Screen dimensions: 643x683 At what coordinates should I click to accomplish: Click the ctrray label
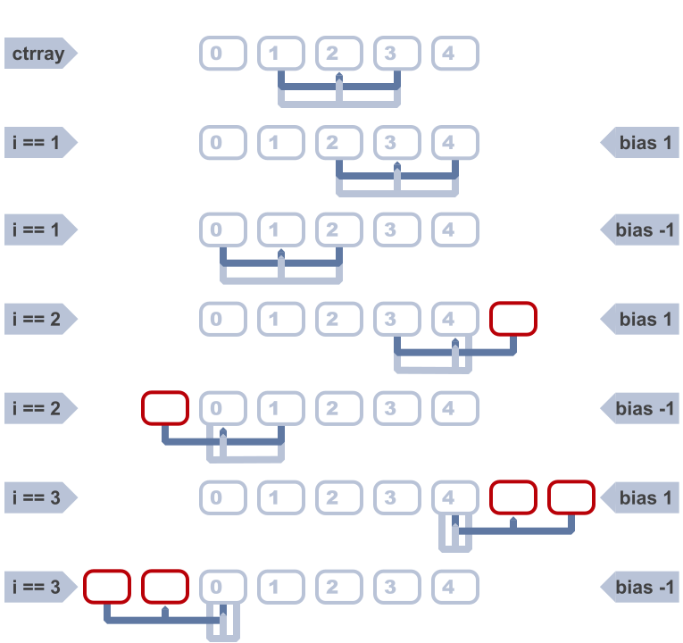[38, 54]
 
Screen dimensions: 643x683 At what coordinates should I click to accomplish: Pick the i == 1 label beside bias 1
[38, 142]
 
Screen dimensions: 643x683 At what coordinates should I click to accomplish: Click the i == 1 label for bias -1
[38, 230]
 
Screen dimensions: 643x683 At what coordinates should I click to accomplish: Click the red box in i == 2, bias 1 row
[513, 319]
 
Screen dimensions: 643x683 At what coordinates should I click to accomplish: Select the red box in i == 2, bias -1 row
[165, 408]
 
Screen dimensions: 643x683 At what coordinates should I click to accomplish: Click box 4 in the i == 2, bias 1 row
[455, 319]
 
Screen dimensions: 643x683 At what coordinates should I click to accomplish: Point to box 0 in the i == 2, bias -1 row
[223, 408]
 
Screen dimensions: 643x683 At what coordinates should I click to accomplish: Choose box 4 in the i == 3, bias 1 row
[455, 497]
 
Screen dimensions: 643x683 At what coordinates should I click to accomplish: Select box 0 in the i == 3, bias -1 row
[223, 587]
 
